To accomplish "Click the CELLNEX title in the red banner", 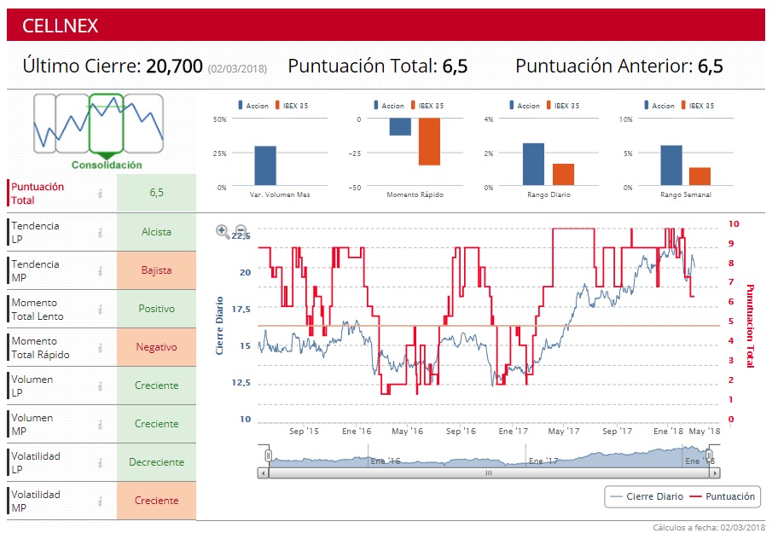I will tap(61, 26).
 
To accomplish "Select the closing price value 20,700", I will tap(174, 66).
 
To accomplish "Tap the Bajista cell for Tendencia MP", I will tap(156, 270).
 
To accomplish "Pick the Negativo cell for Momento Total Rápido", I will tap(156, 347).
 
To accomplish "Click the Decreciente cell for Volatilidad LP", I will tap(156, 462).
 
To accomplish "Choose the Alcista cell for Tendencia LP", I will tap(156, 232).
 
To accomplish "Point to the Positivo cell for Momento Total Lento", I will tap(156, 309).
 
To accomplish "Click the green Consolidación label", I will tap(107, 165).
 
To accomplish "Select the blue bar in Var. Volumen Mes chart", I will tap(265, 165).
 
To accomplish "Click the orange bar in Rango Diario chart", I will tap(563, 174).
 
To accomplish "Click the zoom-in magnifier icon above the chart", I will tap(223, 230).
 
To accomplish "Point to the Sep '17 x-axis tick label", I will tap(616, 432).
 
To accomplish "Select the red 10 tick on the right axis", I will tap(733, 223).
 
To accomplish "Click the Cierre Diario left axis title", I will tap(219, 326).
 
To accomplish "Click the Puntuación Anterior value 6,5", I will tap(710, 66).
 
